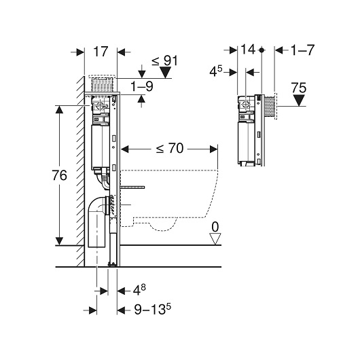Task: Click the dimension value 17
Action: click(101, 52)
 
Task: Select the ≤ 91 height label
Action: click(165, 61)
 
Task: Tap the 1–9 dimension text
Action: click(142, 86)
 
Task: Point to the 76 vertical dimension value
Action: click(60, 175)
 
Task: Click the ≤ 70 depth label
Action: click(170, 148)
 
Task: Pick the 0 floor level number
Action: click(215, 227)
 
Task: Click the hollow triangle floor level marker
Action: click(215, 239)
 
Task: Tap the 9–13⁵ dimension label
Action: click(153, 309)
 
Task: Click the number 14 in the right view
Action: click(248, 50)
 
